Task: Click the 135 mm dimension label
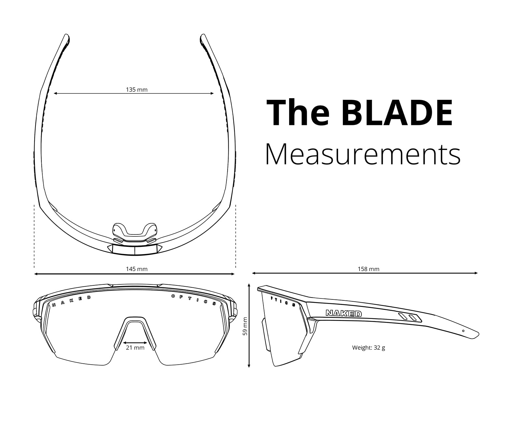tap(137, 89)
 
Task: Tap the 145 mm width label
tap(137, 269)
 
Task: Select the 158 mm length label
tap(369, 269)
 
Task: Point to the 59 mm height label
tap(245, 326)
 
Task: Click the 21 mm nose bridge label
tap(135, 348)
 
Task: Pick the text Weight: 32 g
tap(369, 348)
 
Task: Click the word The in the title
tap(298, 113)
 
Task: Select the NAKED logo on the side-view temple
tap(344, 313)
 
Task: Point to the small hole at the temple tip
tap(463, 331)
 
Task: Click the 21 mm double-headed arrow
tap(135, 342)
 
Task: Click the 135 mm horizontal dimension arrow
tap(134, 94)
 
